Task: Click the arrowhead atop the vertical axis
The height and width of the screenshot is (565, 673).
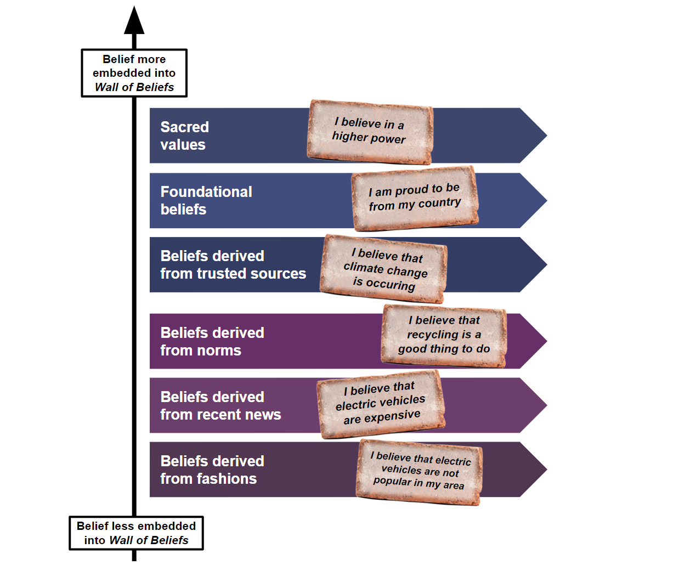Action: (134, 22)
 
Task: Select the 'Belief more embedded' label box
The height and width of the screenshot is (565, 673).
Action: (134, 73)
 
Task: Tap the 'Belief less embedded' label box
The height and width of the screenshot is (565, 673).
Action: (136, 533)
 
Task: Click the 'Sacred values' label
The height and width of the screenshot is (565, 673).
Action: (184, 135)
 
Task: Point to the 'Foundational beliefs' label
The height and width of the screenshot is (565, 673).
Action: (206, 200)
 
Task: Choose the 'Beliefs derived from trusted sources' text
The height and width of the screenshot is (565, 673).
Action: (233, 264)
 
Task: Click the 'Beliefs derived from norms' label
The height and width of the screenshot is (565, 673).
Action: (212, 341)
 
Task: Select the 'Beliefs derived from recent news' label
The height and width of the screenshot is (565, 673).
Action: (220, 405)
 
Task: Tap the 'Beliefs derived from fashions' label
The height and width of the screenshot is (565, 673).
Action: (212, 470)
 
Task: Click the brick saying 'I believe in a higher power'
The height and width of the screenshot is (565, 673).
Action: (370, 132)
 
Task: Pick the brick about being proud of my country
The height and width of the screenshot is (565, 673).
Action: (415, 198)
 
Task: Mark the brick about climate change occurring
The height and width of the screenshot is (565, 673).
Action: (384, 269)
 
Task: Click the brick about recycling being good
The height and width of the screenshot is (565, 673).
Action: (444, 335)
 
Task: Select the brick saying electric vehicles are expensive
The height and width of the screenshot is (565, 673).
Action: (381, 403)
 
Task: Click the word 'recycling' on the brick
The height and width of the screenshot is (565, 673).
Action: (432, 335)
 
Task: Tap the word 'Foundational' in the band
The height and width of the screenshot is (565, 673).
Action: (206, 191)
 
